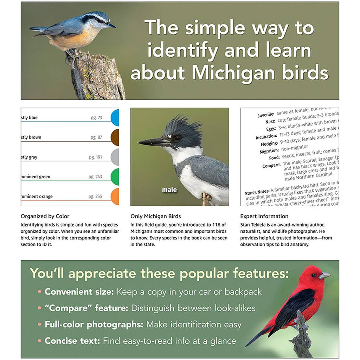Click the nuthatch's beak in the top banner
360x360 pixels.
[112, 25]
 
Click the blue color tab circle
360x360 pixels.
[115, 118]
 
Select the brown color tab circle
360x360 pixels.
[115, 137]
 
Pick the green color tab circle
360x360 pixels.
[115, 177]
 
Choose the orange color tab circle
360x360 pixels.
[115, 197]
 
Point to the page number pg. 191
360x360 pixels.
[95, 157]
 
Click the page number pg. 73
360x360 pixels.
[95, 118]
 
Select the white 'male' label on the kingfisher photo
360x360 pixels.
[169, 190]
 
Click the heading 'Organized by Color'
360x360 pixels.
[45, 216]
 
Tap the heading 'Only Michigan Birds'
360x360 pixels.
[155, 216]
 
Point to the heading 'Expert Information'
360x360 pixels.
[264, 216]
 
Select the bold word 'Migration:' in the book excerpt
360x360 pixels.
[270, 150]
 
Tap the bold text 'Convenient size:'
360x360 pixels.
[79, 292]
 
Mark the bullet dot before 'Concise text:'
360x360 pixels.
[40, 341]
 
